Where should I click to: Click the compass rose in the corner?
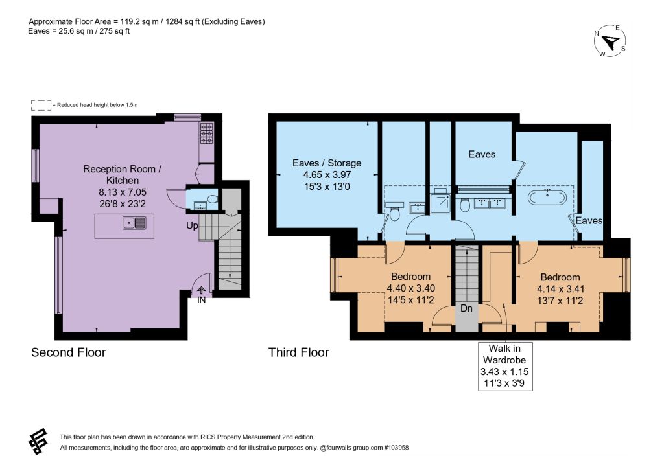pos(610,41)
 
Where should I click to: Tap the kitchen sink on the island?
pos(134,222)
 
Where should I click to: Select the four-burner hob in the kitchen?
pos(207,133)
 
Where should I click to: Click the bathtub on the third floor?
pos(547,198)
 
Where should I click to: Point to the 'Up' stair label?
pos(192,226)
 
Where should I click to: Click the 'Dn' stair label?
pos(466,308)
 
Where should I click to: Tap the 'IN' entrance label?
pos(201,300)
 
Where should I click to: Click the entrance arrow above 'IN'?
pos(201,290)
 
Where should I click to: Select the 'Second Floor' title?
pos(69,352)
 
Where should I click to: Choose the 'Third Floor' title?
pos(298,352)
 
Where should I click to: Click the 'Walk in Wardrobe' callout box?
pos(504,366)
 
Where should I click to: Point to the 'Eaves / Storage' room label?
pos(327,163)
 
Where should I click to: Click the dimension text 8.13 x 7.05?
pos(123,192)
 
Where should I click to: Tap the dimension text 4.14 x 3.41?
pos(560,290)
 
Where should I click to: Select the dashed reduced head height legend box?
pos(41,106)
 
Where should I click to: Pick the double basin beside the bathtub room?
pos(490,203)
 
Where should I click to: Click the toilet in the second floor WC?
pos(213,199)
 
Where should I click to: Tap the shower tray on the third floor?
pos(441,203)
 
